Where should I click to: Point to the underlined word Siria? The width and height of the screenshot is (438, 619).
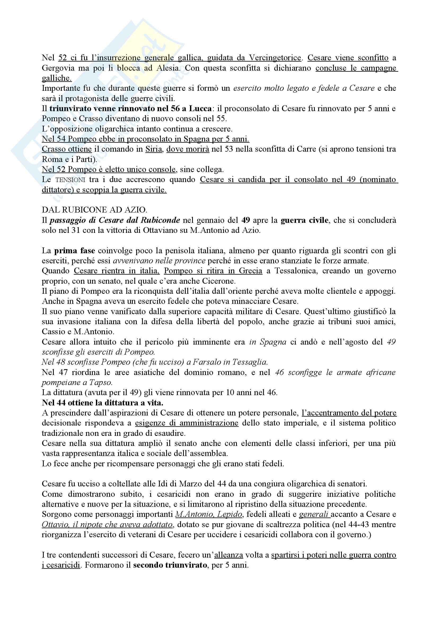click(x=153, y=149)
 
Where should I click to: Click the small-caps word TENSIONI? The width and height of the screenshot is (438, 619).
click(x=70, y=179)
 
